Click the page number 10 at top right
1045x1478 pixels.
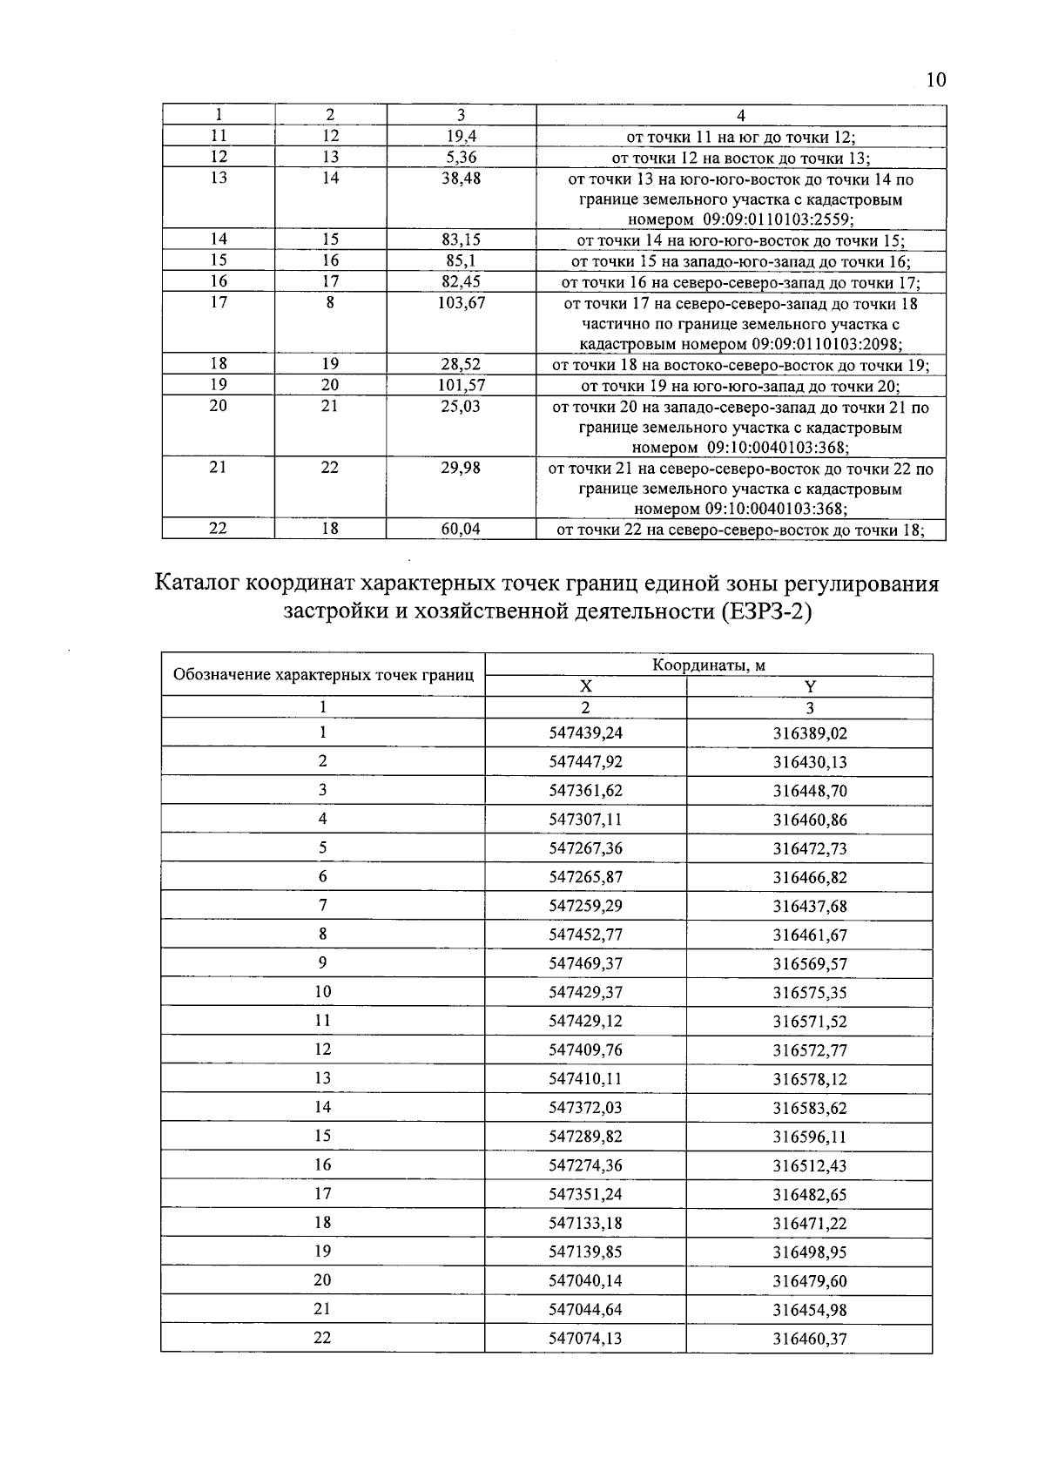point(935,81)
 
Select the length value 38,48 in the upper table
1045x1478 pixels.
point(461,179)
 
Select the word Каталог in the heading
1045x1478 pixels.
point(198,582)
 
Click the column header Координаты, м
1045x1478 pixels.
point(708,665)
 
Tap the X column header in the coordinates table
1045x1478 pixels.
point(585,686)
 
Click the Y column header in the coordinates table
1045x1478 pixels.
point(810,686)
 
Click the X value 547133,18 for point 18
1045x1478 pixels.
point(585,1223)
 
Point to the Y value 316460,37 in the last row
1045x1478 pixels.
point(810,1339)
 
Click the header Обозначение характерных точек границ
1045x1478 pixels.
point(323,675)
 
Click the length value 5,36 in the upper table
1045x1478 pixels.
point(461,158)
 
